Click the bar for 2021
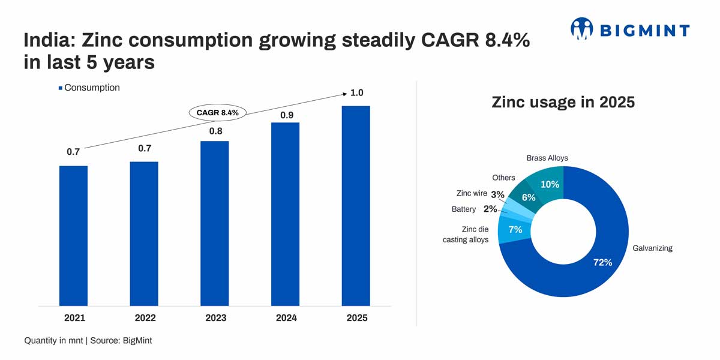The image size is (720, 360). tap(73, 235)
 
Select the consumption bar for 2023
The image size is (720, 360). tap(214, 223)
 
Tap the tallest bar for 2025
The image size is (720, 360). tap(356, 206)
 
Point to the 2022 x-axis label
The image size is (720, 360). tap(144, 318)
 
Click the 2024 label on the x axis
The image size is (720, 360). tap(286, 318)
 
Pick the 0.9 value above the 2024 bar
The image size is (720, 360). tap(287, 115)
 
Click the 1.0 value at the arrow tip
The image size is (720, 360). tap(357, 93)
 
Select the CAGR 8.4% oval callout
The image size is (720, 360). tap(217, 112)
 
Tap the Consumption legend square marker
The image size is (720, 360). tap(60, 88)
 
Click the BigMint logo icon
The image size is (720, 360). tap(581, 29)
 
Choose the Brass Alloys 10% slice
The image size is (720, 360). tap(550, 182)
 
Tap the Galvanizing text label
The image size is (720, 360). tap(652, 248)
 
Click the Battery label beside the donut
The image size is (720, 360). tap(463, 209)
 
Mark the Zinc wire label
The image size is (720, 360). tap(472, 194)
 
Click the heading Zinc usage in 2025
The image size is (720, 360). tap(563, 102)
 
